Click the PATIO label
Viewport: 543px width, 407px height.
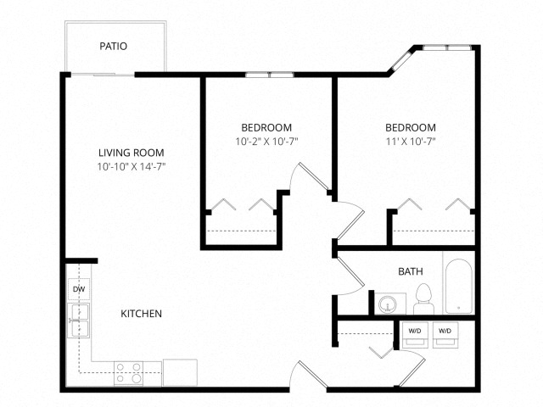click(113, 46)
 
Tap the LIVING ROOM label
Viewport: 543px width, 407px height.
click(132, 153)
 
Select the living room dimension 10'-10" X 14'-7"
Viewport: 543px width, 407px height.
click(132, 167)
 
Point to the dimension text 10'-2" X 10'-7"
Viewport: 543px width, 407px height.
click(266, 142)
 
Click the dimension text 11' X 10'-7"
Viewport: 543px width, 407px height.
click(411, 142)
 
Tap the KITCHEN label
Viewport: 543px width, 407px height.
click(142, 314)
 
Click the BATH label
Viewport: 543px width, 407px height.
click(411, 271)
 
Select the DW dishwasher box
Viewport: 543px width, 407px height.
click(79, 289)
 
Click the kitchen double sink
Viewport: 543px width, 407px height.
click(78, 321)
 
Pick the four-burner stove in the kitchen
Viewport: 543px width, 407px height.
click(128, 373)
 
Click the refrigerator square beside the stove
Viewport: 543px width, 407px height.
click(180, 372)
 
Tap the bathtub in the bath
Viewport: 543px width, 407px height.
click(458, 286)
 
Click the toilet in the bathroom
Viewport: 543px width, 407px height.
click(423, 299)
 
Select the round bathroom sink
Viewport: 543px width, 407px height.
click(388, 304)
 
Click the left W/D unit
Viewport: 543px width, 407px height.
click(415, 335)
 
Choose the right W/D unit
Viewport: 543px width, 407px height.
click(445, 335)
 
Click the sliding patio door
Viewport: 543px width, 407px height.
click(103, 75)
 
